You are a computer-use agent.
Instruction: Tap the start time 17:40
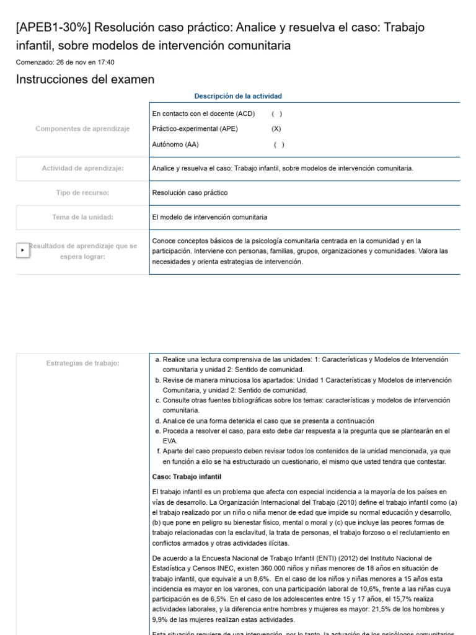point(105,62)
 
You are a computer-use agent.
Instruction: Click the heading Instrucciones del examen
point(85,79)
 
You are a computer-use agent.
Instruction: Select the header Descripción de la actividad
point(238,96)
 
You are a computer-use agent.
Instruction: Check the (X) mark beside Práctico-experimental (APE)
point(276,129)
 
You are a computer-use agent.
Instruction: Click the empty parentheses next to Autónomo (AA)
point(279,144)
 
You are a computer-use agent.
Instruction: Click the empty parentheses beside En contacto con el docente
point(276,113)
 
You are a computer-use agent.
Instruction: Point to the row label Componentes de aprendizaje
point(82,129)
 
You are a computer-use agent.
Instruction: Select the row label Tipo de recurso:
point(82,193)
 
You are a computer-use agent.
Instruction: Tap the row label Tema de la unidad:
point(82,217)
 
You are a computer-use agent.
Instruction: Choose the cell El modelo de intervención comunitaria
point(209,217)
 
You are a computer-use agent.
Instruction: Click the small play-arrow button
point(22,250)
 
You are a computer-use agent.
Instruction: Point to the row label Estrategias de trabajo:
point(82,363)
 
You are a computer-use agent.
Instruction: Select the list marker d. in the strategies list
point(158,420)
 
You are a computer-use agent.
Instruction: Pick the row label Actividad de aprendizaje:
point(82,168)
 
